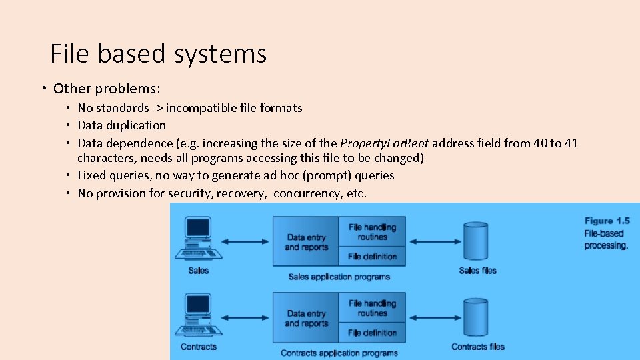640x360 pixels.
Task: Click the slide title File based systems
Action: (159, 53)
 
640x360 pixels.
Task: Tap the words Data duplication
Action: (122, 125)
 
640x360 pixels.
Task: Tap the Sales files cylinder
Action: (477, 241)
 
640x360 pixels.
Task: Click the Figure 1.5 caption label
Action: (607, 221)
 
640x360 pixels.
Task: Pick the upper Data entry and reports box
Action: (307, 242)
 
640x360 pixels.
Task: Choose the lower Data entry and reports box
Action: (307, 319)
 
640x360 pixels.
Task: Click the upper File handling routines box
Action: (372, 231)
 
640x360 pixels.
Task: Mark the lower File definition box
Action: (372, 333)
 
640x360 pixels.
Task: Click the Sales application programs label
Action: (339, 277)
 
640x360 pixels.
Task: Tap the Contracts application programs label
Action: (339, 353)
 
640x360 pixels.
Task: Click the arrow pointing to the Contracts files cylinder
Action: (434, 318)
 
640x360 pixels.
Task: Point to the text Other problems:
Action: (107, 89)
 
